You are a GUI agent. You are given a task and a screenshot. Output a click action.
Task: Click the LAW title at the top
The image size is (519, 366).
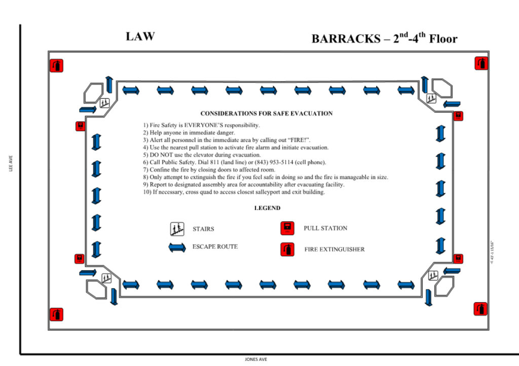coord(140,36)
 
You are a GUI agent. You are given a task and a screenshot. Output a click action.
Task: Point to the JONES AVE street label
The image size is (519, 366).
coord(255,359)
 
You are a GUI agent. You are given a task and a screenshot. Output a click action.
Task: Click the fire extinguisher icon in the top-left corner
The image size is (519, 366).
coord(56,65)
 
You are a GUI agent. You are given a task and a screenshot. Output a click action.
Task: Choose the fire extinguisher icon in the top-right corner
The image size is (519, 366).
coord(481,63)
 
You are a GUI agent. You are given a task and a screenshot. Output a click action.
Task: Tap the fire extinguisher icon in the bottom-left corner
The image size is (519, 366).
coord(56,314)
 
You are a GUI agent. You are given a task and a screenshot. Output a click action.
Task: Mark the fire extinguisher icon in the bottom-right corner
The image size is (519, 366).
coord(480,309)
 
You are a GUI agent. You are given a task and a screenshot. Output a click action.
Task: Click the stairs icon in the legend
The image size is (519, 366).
coord(177,229)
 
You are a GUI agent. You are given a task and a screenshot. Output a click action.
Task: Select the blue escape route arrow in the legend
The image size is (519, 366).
coord(177,247)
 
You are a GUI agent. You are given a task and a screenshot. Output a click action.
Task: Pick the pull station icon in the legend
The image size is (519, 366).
coord(287,228)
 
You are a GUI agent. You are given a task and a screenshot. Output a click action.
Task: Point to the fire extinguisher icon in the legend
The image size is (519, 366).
coord(287,249)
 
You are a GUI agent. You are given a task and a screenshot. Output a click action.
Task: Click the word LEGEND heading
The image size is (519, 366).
coord(267,208)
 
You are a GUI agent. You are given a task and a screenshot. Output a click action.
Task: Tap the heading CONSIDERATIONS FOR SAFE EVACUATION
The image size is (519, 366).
coord(267,113)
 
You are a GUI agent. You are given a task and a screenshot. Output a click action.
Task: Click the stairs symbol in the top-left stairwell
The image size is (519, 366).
coord(104,102)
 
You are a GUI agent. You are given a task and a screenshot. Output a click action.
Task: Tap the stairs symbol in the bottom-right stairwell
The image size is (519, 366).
coord(433,276)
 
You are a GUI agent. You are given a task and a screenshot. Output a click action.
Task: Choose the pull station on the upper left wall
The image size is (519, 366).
coord(80,126)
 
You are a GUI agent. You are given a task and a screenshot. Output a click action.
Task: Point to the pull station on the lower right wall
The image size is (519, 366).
coord(458,259)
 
